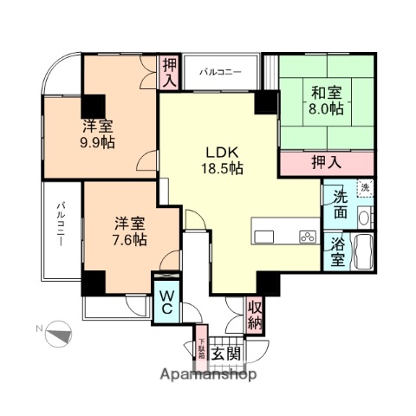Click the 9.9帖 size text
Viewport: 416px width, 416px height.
tap(97, 142)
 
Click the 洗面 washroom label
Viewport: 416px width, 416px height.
tap(339, 205)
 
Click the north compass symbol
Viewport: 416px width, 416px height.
tap(57, 332)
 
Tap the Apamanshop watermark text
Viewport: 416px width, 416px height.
tap(205, 375)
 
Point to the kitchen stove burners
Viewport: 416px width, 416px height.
tap(307, 236)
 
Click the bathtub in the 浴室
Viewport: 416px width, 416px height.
tap(364, 252)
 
